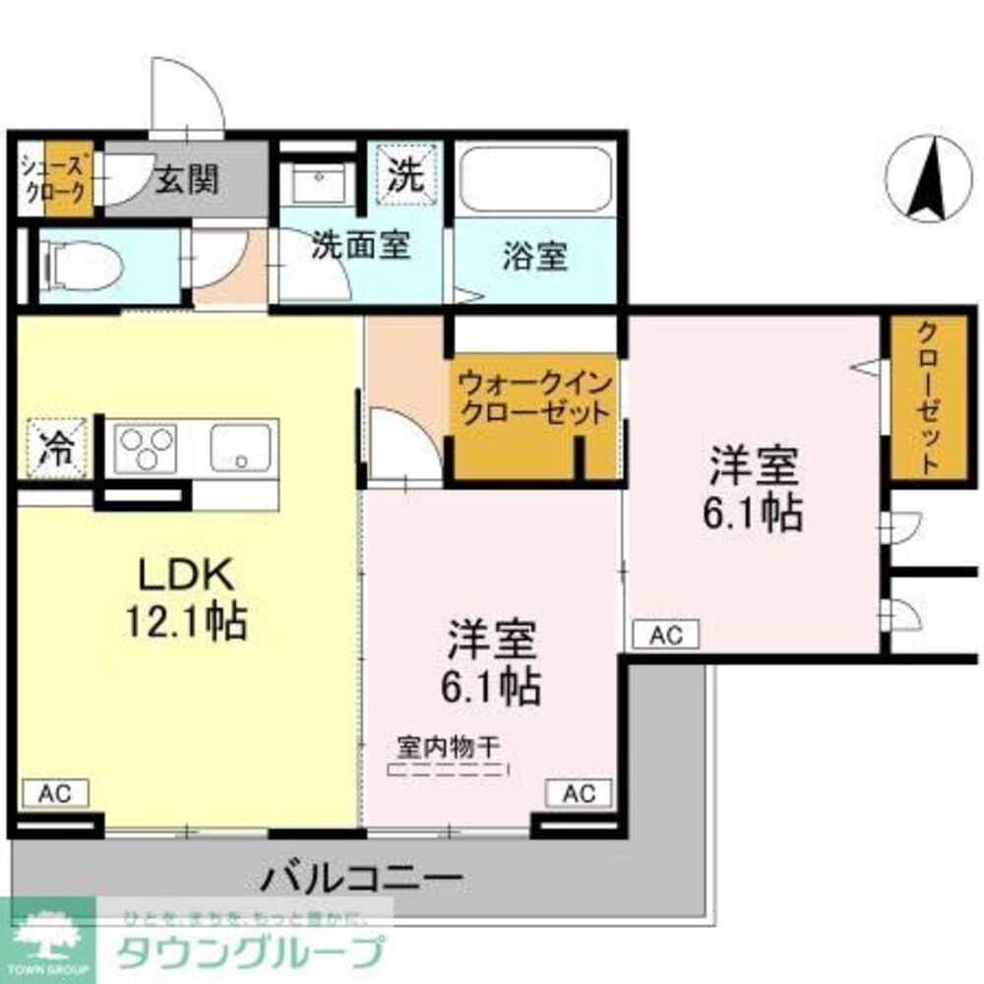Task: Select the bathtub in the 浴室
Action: pyautogui.click(x=535, y=182)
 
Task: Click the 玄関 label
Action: pyautogui.click(x=187, y=179)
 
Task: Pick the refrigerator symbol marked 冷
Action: pyautogui.click(x=56, y=448)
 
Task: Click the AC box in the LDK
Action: pyautogui.click(x=55, y=792)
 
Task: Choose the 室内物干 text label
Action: pyautogui.click(x=448, y=745)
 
